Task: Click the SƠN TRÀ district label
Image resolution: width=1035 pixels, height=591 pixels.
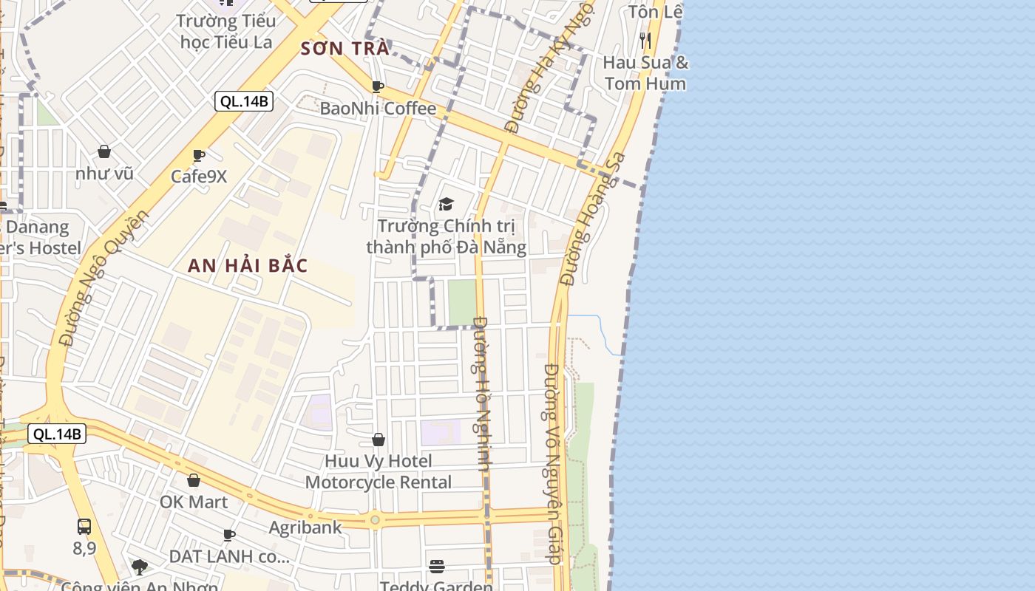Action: (345, 49)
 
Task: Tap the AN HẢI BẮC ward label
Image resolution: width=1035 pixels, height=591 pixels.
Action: (248, 266)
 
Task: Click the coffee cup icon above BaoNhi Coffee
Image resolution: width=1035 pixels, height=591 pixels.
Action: (378, 87)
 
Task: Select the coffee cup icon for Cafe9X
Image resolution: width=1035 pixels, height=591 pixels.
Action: (198, 155)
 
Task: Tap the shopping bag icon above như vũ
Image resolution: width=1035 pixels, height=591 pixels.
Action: (104, 151)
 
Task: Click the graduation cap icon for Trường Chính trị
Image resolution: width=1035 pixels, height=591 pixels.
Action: (446, 204)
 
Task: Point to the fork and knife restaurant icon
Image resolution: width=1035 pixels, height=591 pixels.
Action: (645, 40)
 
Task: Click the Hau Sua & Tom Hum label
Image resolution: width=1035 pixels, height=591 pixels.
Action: (645, 73)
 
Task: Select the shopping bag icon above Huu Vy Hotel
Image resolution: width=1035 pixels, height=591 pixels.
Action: (379, 440)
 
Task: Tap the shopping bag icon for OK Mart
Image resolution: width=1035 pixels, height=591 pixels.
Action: (194, 480)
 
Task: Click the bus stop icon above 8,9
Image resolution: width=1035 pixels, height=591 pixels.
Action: (84, 527)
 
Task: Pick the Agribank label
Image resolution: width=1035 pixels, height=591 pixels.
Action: (305, 527)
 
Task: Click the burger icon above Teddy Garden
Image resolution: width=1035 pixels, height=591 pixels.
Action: (437, 567)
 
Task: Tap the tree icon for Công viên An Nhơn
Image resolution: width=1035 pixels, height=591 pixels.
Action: (139, 567)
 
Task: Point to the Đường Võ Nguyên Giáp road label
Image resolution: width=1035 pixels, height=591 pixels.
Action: (554, 463)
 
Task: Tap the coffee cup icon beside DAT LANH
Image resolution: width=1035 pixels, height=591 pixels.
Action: (229, 535)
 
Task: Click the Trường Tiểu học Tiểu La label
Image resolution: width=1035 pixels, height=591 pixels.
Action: (226, 31)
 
